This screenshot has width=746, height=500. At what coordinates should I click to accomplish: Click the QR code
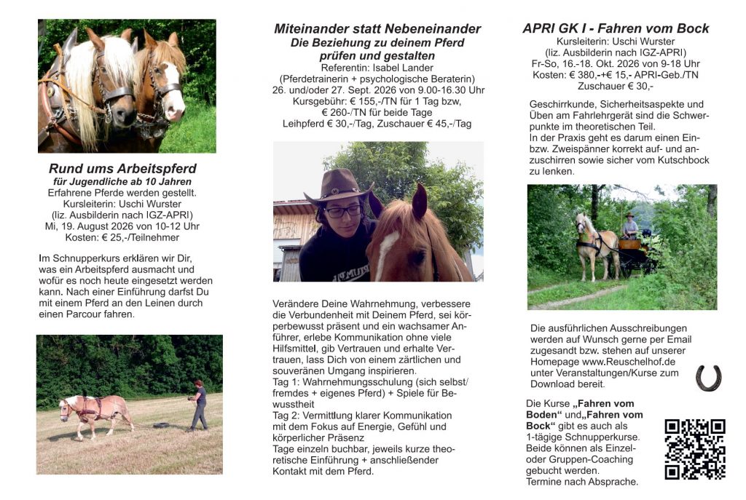pos(694,449)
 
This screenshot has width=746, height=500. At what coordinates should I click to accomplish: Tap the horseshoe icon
pos(707,378)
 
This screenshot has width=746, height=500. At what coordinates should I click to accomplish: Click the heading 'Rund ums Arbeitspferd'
pos(122,169)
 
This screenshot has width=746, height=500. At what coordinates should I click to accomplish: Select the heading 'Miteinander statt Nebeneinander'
pos(377,29)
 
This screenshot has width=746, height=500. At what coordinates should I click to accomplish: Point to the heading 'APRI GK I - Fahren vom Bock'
pos(616,29)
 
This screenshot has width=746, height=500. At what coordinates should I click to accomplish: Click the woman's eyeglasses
pos(343,212)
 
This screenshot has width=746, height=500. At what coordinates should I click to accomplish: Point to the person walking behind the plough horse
pos(198,405)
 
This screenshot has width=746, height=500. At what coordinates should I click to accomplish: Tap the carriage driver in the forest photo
pos(629,226)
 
